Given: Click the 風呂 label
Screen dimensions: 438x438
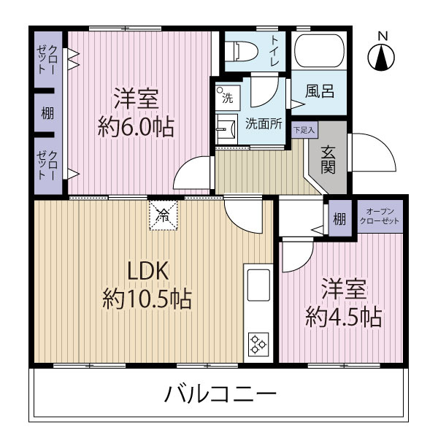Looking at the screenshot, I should pyautogui.click(x=320, y=91).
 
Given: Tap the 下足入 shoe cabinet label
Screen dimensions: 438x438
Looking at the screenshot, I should pyautogui.click(x=304, y=131).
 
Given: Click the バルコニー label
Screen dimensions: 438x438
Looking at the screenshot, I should pyautogui.click(x=219, y=396).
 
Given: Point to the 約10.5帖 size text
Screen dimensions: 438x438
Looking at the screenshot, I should pyautogui.click(x=147, y=298).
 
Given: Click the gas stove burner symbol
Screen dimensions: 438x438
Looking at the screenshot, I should pyautogui.click(x=258, y=342).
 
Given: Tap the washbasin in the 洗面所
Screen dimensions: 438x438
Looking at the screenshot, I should pyautogui.click(x=226, y=126).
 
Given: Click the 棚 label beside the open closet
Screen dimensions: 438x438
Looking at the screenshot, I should pyautogui.click(x=339, y=218).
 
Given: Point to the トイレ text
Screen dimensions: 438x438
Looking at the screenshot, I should pyautogui.click(x=274, y=51).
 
